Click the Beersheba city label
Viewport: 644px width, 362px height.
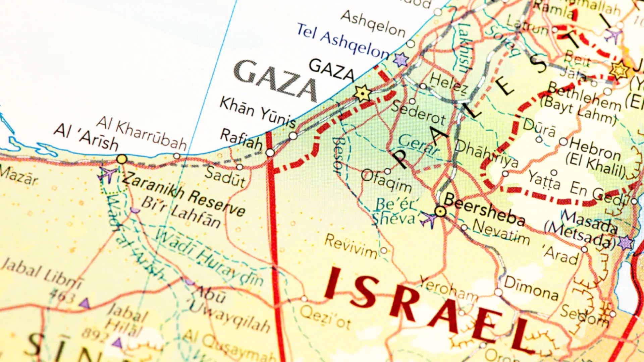click(484, 210)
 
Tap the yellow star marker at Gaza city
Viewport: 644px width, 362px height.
click(363, 93)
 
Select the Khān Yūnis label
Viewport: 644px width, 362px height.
click(258, 113)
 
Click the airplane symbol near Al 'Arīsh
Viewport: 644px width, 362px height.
click(107, 174)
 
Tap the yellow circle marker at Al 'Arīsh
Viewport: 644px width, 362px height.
click(122, 159)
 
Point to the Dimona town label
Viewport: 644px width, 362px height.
click(531, 288)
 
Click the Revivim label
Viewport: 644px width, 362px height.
click(351, 246)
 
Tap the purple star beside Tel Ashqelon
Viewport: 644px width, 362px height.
click(401, 60)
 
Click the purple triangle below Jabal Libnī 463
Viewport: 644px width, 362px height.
click(85, 304)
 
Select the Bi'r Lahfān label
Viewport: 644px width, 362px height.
click(181, 212)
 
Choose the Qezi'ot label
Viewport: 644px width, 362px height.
click(325, 317)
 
